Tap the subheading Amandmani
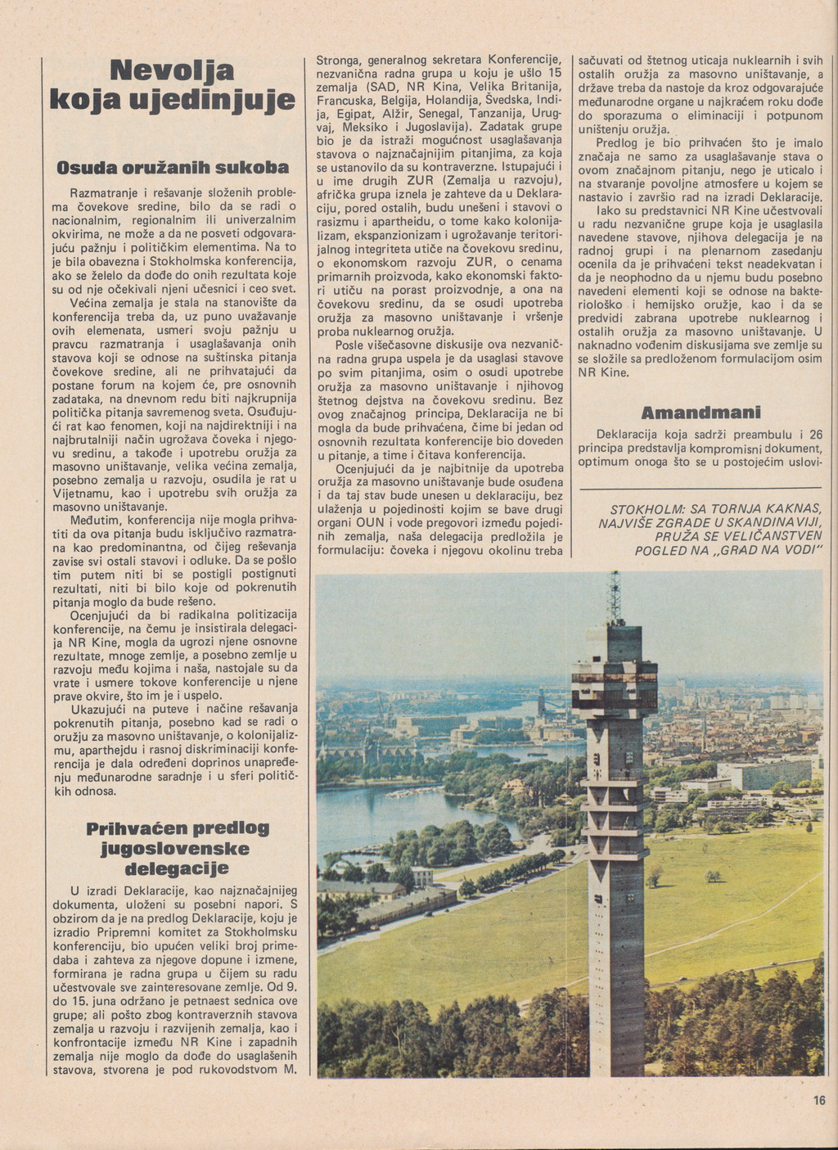point(701,412)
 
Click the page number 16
point(819,1101)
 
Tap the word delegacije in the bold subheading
point(176,867)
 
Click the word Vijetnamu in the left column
point(82,493)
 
